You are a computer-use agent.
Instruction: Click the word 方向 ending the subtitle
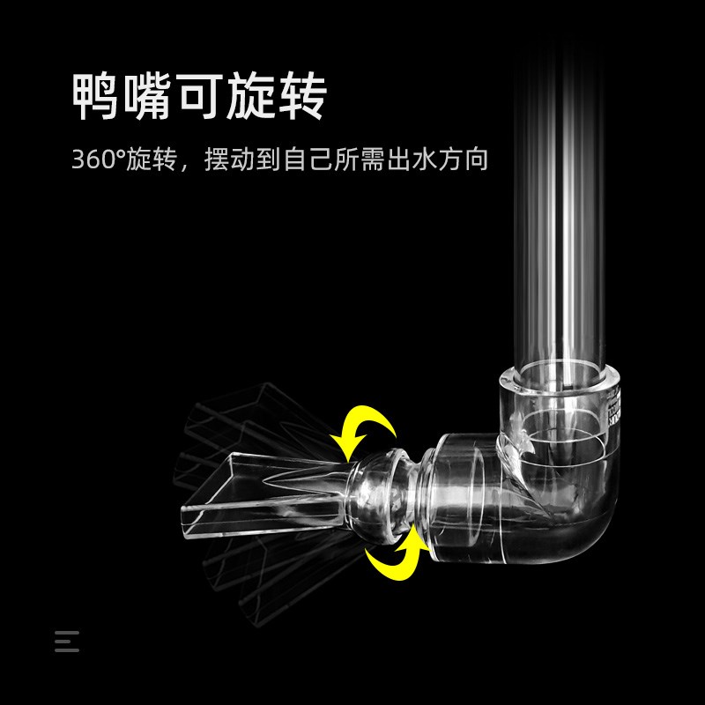click(x=465, y=162)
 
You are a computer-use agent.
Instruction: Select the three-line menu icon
click(x=66, y=641)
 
